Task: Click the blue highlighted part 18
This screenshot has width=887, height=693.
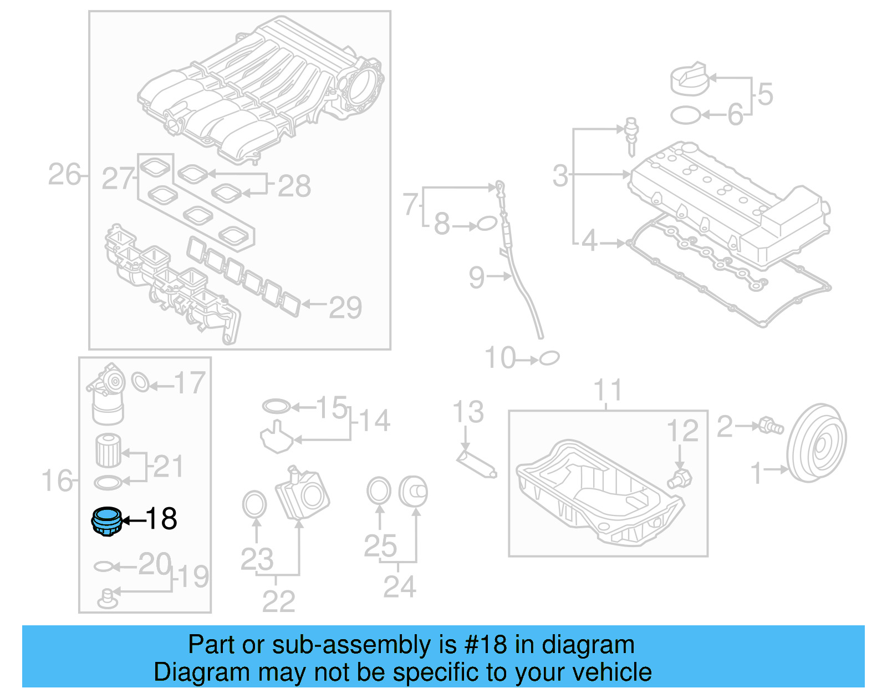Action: [106, 522]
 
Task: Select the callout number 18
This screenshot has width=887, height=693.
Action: [161, 519]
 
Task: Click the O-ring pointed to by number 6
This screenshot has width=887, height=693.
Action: [686, 115]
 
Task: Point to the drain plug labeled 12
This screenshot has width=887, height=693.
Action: [680, 479]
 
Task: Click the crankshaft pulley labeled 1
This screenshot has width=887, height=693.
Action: [817, 443]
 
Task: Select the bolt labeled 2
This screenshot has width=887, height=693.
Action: [771, 426]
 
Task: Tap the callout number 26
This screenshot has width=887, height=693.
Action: [64, 175]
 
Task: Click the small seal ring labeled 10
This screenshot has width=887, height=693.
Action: [549, 358]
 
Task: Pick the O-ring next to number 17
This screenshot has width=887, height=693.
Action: [141, 382]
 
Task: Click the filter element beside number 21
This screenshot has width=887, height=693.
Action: [108, 450]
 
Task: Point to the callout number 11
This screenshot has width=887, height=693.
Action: [608, 390]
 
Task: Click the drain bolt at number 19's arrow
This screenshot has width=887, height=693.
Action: [108, 598]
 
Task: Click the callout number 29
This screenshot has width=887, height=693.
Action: [345, 307]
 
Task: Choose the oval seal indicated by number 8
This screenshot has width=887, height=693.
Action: [486, 224]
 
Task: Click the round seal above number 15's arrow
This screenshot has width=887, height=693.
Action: [276, 406]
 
